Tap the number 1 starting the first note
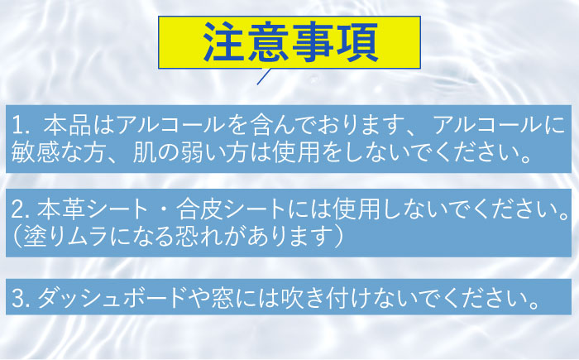(x=18, y=127)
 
